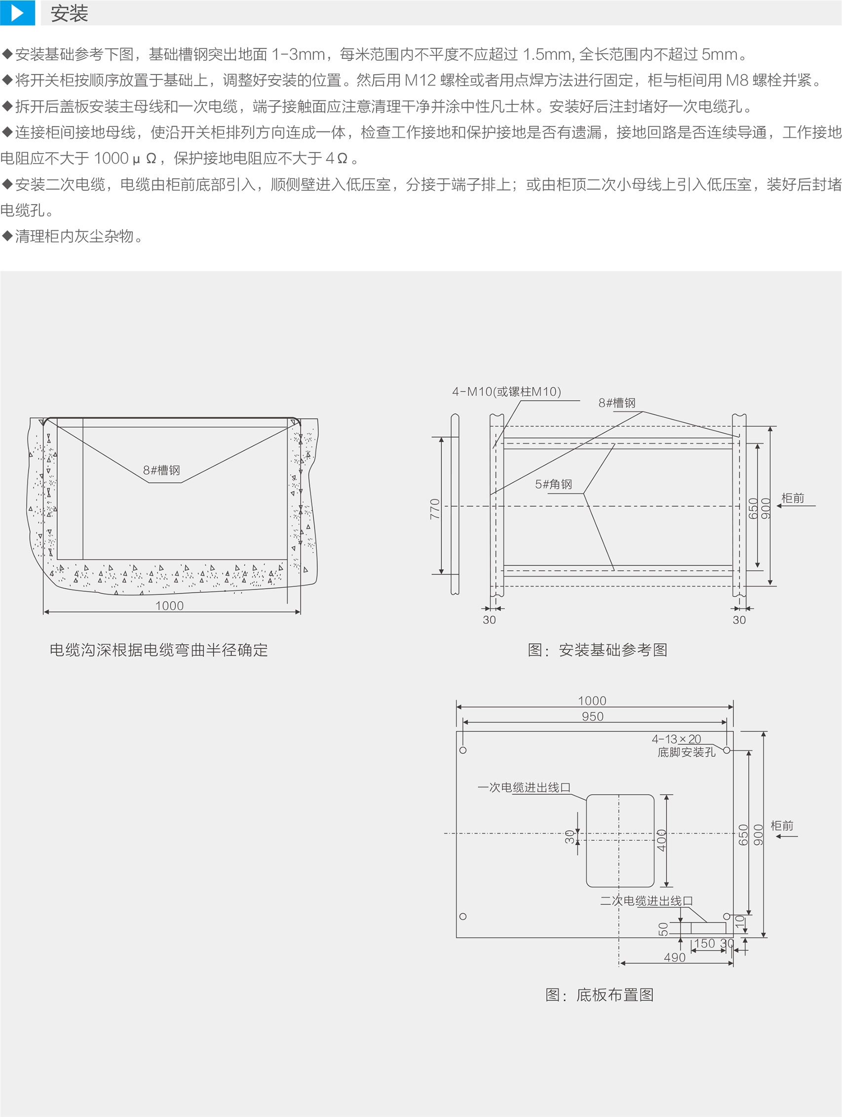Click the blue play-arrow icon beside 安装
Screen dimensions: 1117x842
click(x=17, y=13)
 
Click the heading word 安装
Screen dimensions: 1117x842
click(x=69, y=14)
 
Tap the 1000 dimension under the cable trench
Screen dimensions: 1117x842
click(x=169, y=606)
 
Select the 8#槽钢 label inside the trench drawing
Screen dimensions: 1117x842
click(x=161, y=471)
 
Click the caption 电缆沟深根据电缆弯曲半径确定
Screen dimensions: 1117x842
click(x=158, y=650)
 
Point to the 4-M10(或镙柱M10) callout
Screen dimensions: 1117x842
click(x=506, y=392)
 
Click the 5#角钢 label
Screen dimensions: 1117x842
click(x=553, y=485)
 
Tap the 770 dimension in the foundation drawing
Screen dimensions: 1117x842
click(x=435, y=509)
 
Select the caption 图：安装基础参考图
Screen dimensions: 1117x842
click(x=597, y=650)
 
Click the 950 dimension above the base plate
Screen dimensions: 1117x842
click(x=592, y=716)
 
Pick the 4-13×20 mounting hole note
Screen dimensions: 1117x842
click(x=676, y=739)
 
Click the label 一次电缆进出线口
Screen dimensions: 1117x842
click(x=524, y=788)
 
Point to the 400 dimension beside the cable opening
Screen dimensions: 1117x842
click(x=661, y=840)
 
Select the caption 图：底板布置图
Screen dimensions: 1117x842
click(x=599, y=995)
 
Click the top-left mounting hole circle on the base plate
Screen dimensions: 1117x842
click(x=463, y=750)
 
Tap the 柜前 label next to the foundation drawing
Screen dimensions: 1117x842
click(x=793, y=498)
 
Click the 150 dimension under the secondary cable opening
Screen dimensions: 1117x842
click(x=704, y=943)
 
